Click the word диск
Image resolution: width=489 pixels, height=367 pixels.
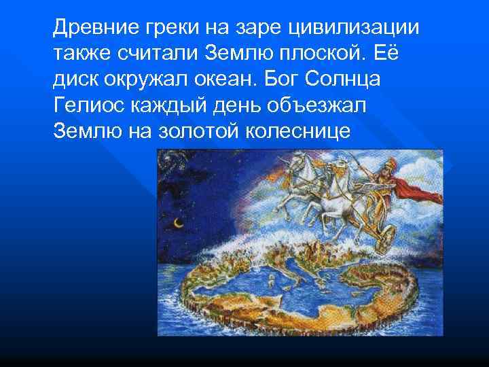[74, 78]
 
